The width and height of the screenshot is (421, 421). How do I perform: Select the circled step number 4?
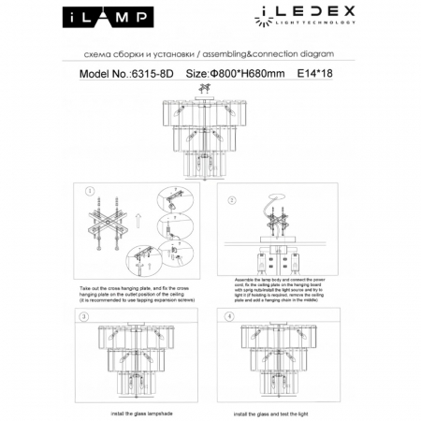[230, 317]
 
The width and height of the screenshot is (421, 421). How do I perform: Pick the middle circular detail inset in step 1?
[172, 228]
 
